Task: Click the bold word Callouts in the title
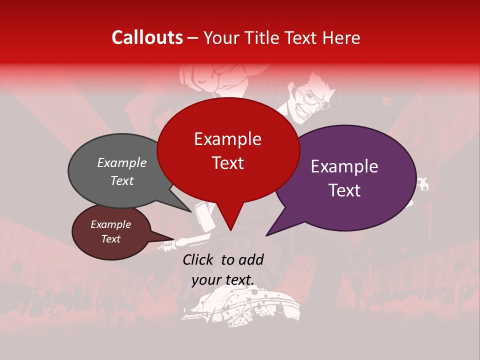tap(147, 37)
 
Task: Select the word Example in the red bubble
tap(227, 139)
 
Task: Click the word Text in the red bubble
tap(227, 163)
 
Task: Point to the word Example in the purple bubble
tap(344, 166)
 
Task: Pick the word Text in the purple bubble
tap(344, 190)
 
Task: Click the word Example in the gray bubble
tap(122, 162)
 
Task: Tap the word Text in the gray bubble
tap(122, 180)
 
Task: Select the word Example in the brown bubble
tap(110, 224)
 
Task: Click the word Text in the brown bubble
tap(110, 239)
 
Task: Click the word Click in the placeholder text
tap(199, 259)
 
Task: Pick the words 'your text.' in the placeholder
tap(222, 280)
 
